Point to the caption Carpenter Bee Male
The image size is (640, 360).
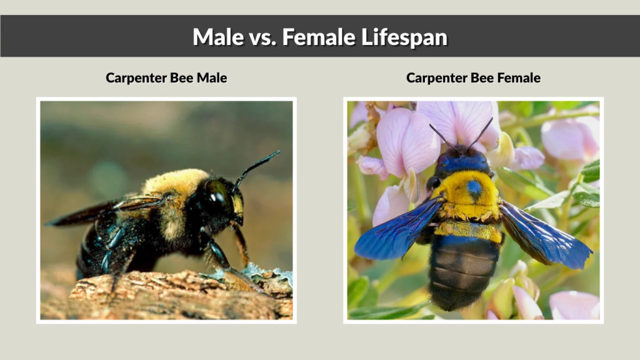[166, 78]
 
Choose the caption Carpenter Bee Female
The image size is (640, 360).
[473, 78]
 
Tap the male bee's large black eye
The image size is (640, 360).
[221, 194]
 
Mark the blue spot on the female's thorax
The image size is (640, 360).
[474, 187]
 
